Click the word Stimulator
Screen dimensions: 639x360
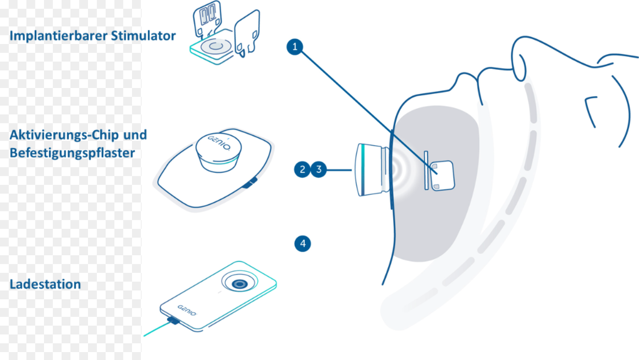143,36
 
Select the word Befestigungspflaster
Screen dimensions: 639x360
72,153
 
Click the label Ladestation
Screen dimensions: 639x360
45,284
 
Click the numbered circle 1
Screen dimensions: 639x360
295,47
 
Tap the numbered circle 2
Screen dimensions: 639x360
302,169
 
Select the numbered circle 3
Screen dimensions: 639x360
319,169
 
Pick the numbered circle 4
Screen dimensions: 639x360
302,244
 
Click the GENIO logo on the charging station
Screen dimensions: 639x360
187,310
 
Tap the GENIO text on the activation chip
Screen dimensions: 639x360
219,143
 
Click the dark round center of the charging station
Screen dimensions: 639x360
239,284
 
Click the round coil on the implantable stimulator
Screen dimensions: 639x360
216,46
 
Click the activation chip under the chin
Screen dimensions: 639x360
372,170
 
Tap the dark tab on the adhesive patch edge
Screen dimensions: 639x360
250,183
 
